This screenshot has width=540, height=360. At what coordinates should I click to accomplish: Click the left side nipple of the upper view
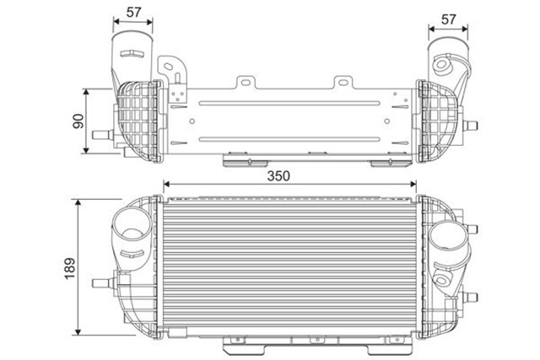(103, 135)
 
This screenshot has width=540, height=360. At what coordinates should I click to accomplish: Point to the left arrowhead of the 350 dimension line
(167, 185)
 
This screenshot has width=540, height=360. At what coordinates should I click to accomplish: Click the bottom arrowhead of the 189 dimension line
(78, 330)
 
